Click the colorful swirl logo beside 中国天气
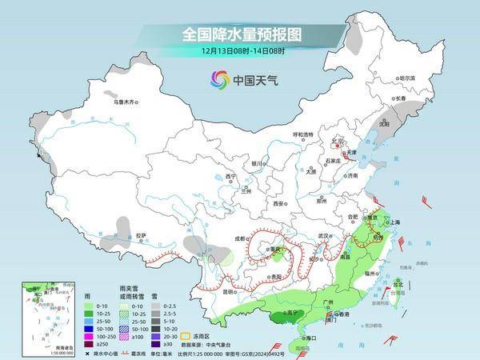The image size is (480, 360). (x=219, y=80)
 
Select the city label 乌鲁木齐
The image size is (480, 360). (x=126, y=102)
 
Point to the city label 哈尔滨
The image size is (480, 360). (x=408, y=78)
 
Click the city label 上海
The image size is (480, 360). (x=394, y=222)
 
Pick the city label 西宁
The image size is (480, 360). (x=231, y=176)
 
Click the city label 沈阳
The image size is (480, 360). (x=385, y=124)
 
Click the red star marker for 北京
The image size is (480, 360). (x=337, y=147)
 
